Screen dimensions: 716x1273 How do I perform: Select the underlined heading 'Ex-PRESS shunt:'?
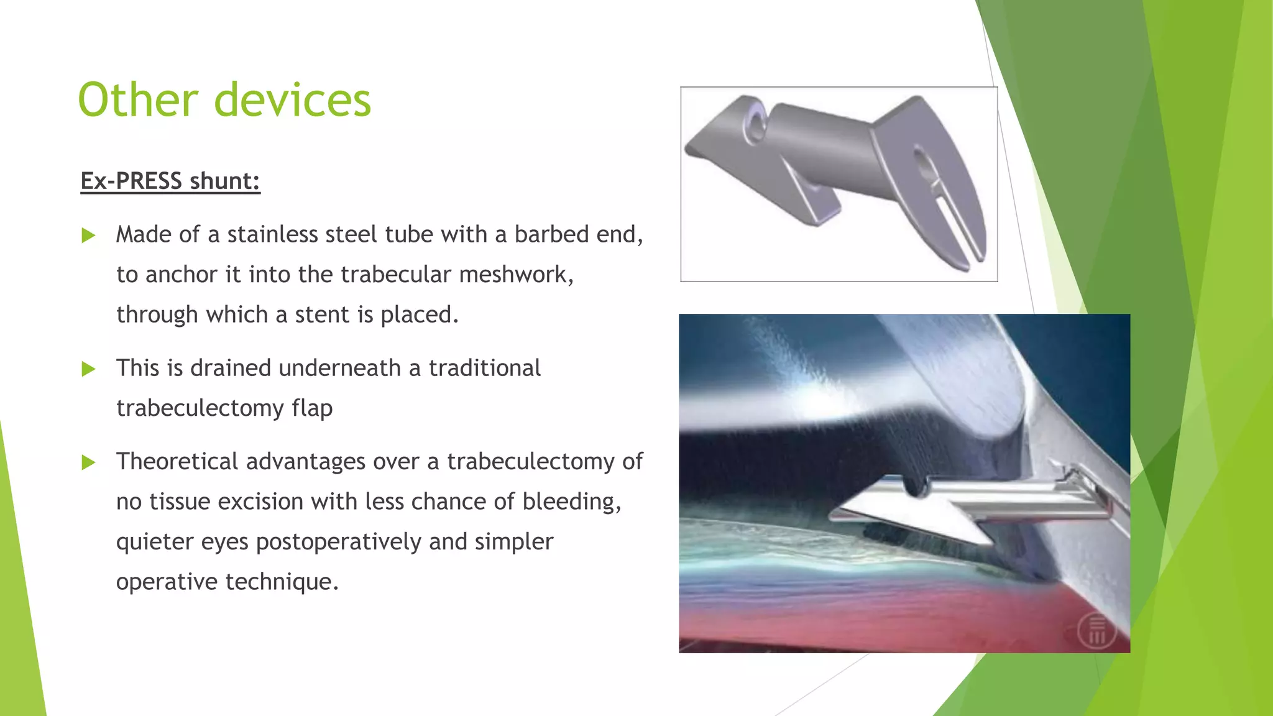pos(170,181)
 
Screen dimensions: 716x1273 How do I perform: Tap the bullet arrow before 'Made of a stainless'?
pos(88,236)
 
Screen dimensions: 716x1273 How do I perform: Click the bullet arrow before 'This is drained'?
pos(88,369)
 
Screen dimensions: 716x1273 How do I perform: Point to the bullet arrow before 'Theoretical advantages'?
pos(88,462)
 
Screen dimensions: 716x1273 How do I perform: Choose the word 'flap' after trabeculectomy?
pos(312,408)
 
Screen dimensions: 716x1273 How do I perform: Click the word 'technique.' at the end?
pos(282,582)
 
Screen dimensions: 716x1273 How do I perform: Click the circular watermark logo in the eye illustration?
pos(1096,631)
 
